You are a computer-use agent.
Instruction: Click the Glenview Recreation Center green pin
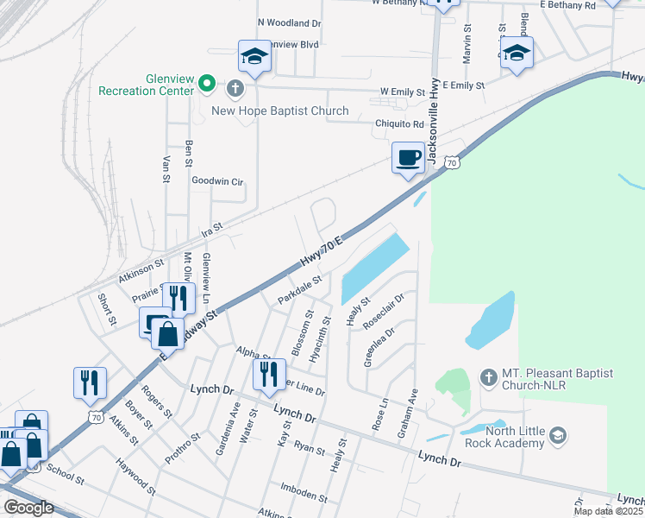pos(207,84)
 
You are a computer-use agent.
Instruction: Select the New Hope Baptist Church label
pos(280,111)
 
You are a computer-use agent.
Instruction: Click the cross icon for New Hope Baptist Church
pos(234,87)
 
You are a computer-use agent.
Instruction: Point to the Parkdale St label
pos(299,290)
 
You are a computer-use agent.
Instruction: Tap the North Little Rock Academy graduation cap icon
pos(558,434)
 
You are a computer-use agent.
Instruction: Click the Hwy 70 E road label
pos(322,250)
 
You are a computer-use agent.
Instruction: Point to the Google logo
pos(28,508)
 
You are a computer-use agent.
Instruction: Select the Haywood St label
pos(136,477)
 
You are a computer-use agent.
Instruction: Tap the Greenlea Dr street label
pos(379,345)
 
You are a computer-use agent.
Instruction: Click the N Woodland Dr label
pos(289,22)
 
